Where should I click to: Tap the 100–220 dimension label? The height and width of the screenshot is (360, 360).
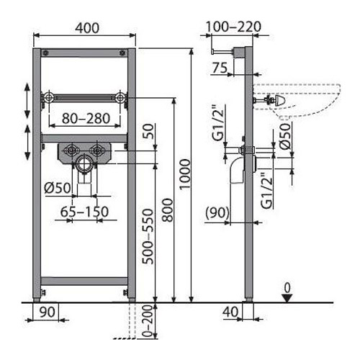(x=233, y=27)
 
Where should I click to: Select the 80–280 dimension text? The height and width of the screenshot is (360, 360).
(x=86, y=118)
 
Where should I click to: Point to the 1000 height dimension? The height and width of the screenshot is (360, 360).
(x=185, y=174)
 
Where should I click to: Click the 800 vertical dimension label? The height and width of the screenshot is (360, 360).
(x=167, y=210)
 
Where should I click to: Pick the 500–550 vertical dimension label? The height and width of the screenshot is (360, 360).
(x=148, y=237)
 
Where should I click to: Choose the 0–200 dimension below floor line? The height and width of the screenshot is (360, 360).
(x=148, y=321)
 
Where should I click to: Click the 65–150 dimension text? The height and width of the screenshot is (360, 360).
(x=84, y=212)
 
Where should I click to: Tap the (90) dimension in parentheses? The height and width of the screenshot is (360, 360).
(x=217, y=212)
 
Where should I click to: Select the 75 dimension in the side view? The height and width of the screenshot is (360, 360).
(x=220, y=68)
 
